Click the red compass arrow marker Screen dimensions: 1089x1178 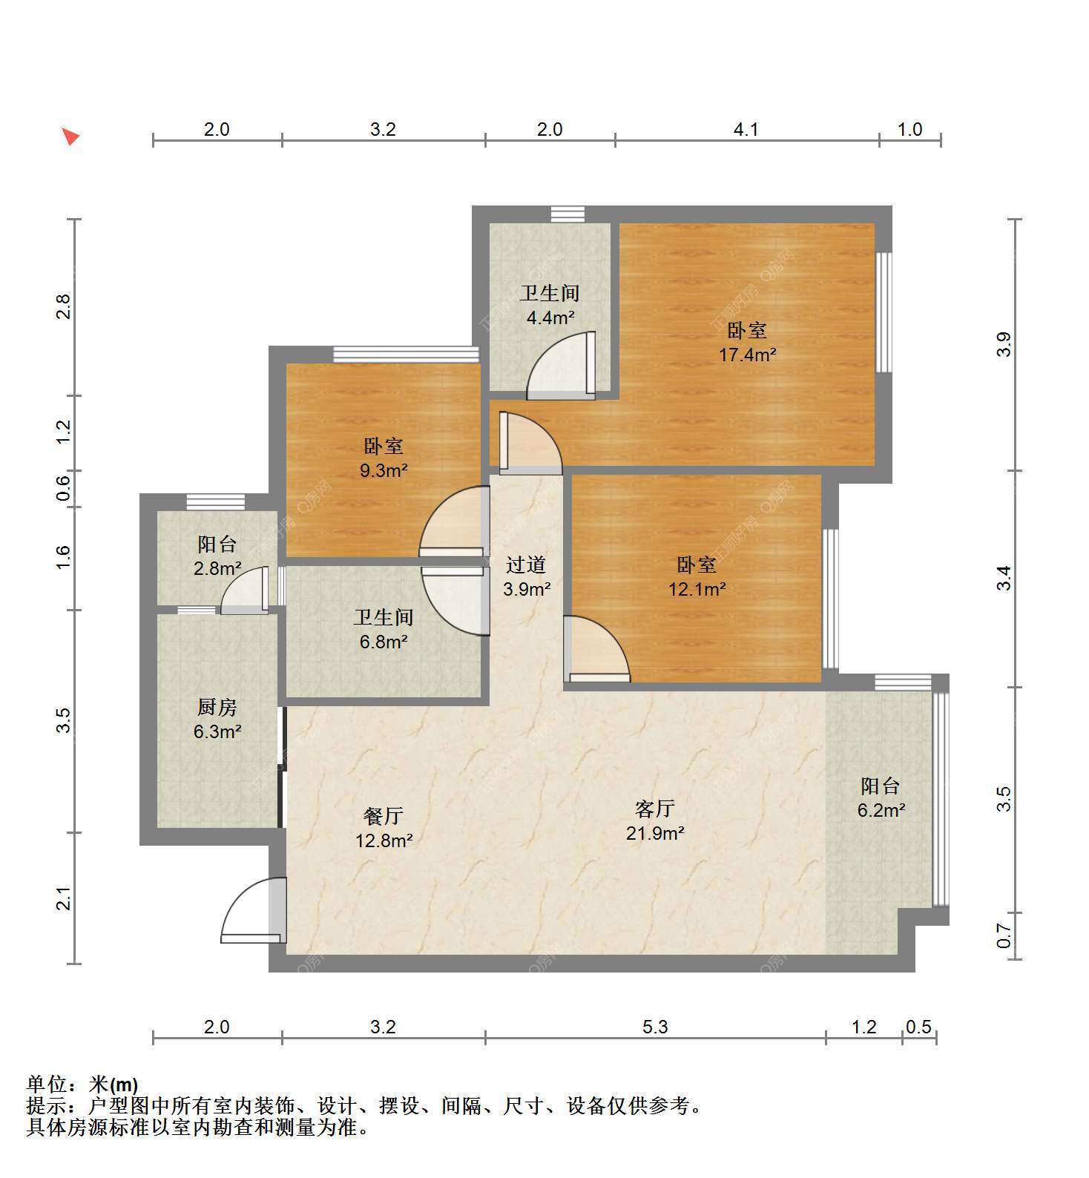70,136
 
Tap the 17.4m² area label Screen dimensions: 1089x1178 747,355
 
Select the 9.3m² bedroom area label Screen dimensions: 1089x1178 384,470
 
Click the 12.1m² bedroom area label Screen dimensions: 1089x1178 697,589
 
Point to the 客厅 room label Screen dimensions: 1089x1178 655,808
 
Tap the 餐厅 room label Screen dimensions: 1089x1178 384,816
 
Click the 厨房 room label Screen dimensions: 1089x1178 217,707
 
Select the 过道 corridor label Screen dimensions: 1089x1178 526,565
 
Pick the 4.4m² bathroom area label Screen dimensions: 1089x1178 550,317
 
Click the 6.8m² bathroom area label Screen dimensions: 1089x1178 384,642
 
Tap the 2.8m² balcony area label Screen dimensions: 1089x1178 217,569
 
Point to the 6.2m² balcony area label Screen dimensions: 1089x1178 881,810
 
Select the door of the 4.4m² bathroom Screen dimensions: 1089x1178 561,365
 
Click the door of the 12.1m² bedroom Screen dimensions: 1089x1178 596,648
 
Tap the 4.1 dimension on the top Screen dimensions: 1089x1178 746,130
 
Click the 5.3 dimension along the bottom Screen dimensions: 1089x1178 655,1027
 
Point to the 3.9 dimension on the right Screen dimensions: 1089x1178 1004,345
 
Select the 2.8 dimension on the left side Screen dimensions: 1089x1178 64,307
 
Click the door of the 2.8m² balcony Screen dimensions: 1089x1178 245,590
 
